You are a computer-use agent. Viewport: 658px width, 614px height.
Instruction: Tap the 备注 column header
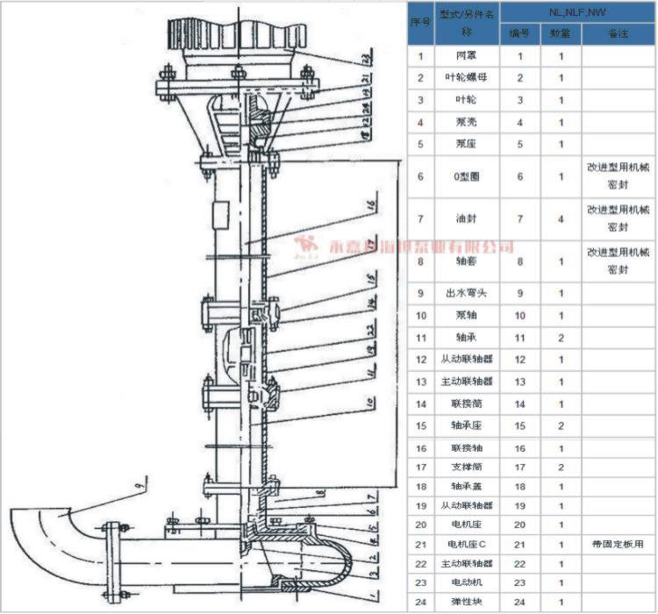[x=619, y=33]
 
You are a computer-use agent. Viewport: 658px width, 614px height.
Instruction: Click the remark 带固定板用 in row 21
[x=619, y=544]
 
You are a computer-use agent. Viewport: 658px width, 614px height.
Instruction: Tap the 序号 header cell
[x=420, y=23]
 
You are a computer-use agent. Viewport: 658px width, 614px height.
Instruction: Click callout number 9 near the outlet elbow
[x=138, y=482]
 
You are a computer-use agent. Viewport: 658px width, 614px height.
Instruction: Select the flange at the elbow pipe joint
[x=111, y=557]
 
